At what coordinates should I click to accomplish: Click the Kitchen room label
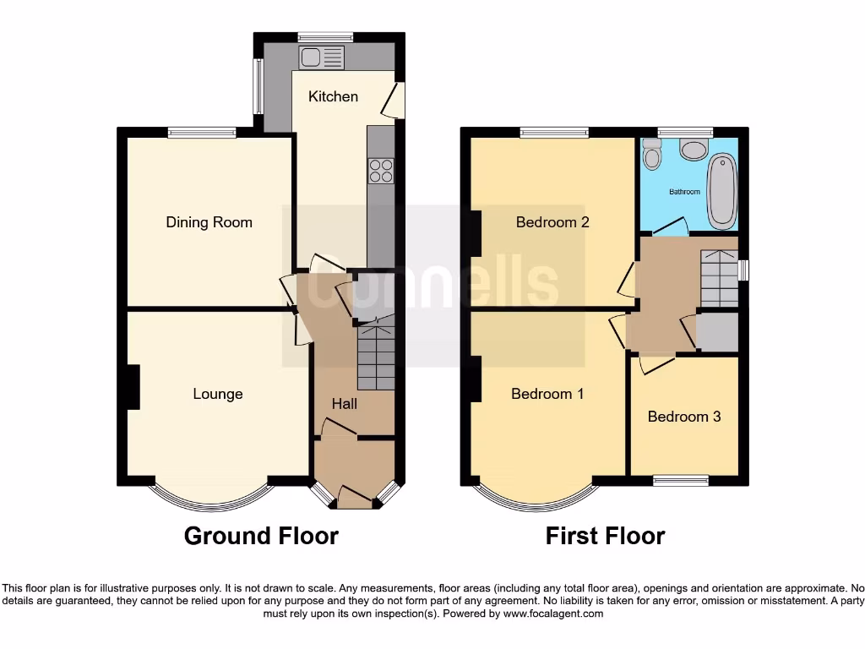click(333, 96)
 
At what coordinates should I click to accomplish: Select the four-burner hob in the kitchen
click(381, 171)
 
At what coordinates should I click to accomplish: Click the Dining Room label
click(209, 222)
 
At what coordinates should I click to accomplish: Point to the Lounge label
click(217, 394)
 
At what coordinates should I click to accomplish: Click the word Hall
click(344, 404)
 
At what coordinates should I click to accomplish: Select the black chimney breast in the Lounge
click(132, 387)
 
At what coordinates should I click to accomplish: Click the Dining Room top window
click(202, 132)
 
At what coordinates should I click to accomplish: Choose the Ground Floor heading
click(261, 536)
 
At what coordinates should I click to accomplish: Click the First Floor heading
click(605, 536)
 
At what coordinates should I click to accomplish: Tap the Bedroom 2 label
click(552, 222)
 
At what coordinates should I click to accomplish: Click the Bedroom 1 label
click(547, 394)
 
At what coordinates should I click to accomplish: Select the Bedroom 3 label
click(684, 417)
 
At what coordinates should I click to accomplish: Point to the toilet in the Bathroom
click(651, 155)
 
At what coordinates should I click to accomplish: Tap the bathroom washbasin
click(694, 150)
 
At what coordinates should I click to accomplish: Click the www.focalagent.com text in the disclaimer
click(554, 614)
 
